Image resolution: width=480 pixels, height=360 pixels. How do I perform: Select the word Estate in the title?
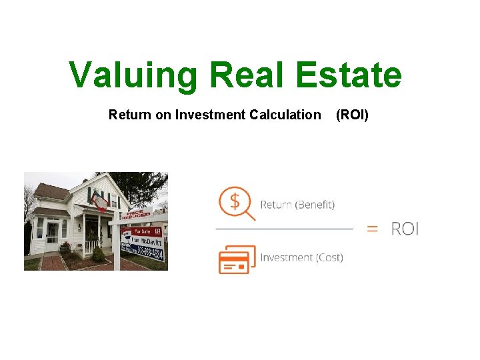pyautogui.click(x=349, y=75)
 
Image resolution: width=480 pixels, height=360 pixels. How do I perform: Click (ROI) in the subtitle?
pyautogui.click(x=352, y=115)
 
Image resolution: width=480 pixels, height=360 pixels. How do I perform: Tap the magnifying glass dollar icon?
pyautogui.click(x=237, y=203)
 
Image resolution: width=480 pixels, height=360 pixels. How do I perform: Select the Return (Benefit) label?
pyautogui.click(x=297, y=205)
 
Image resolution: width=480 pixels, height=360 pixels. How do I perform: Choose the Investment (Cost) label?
pyautogui.click(x=301, y=257)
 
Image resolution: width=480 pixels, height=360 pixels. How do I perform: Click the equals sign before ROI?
pyautogui.click(x=373, y=229)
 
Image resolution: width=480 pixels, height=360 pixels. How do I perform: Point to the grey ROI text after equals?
pyautogui.click(x=405, y=229)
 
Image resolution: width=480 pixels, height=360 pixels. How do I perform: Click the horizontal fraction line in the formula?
pyautogui.click(x=284, y=229)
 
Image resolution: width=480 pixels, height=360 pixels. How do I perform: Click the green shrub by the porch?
pyautogui.click(x=98, y=254)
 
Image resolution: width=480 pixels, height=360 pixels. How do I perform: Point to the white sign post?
pyautogui.click(x=117, y=247)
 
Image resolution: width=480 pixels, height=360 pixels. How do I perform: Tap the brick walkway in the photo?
pyautogui.click(x=53, y=261)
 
